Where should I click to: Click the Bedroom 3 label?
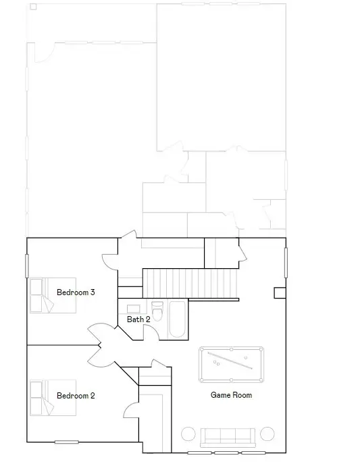coord(75,292)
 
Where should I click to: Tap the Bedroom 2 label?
coord(75,396)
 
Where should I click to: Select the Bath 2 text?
coord(138,319)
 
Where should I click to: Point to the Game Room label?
coord(231,394)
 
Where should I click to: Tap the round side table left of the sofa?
coord(188,434)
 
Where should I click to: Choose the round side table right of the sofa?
coord(267,434)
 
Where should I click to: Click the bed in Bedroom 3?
coord(52,296)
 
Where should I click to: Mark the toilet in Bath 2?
coord(157,313)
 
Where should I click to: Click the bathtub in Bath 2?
coord(178,320)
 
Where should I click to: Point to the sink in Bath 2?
coord(134,309)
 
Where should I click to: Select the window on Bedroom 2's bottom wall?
coord(67,442)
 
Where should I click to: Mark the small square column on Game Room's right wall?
coord(279,292)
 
